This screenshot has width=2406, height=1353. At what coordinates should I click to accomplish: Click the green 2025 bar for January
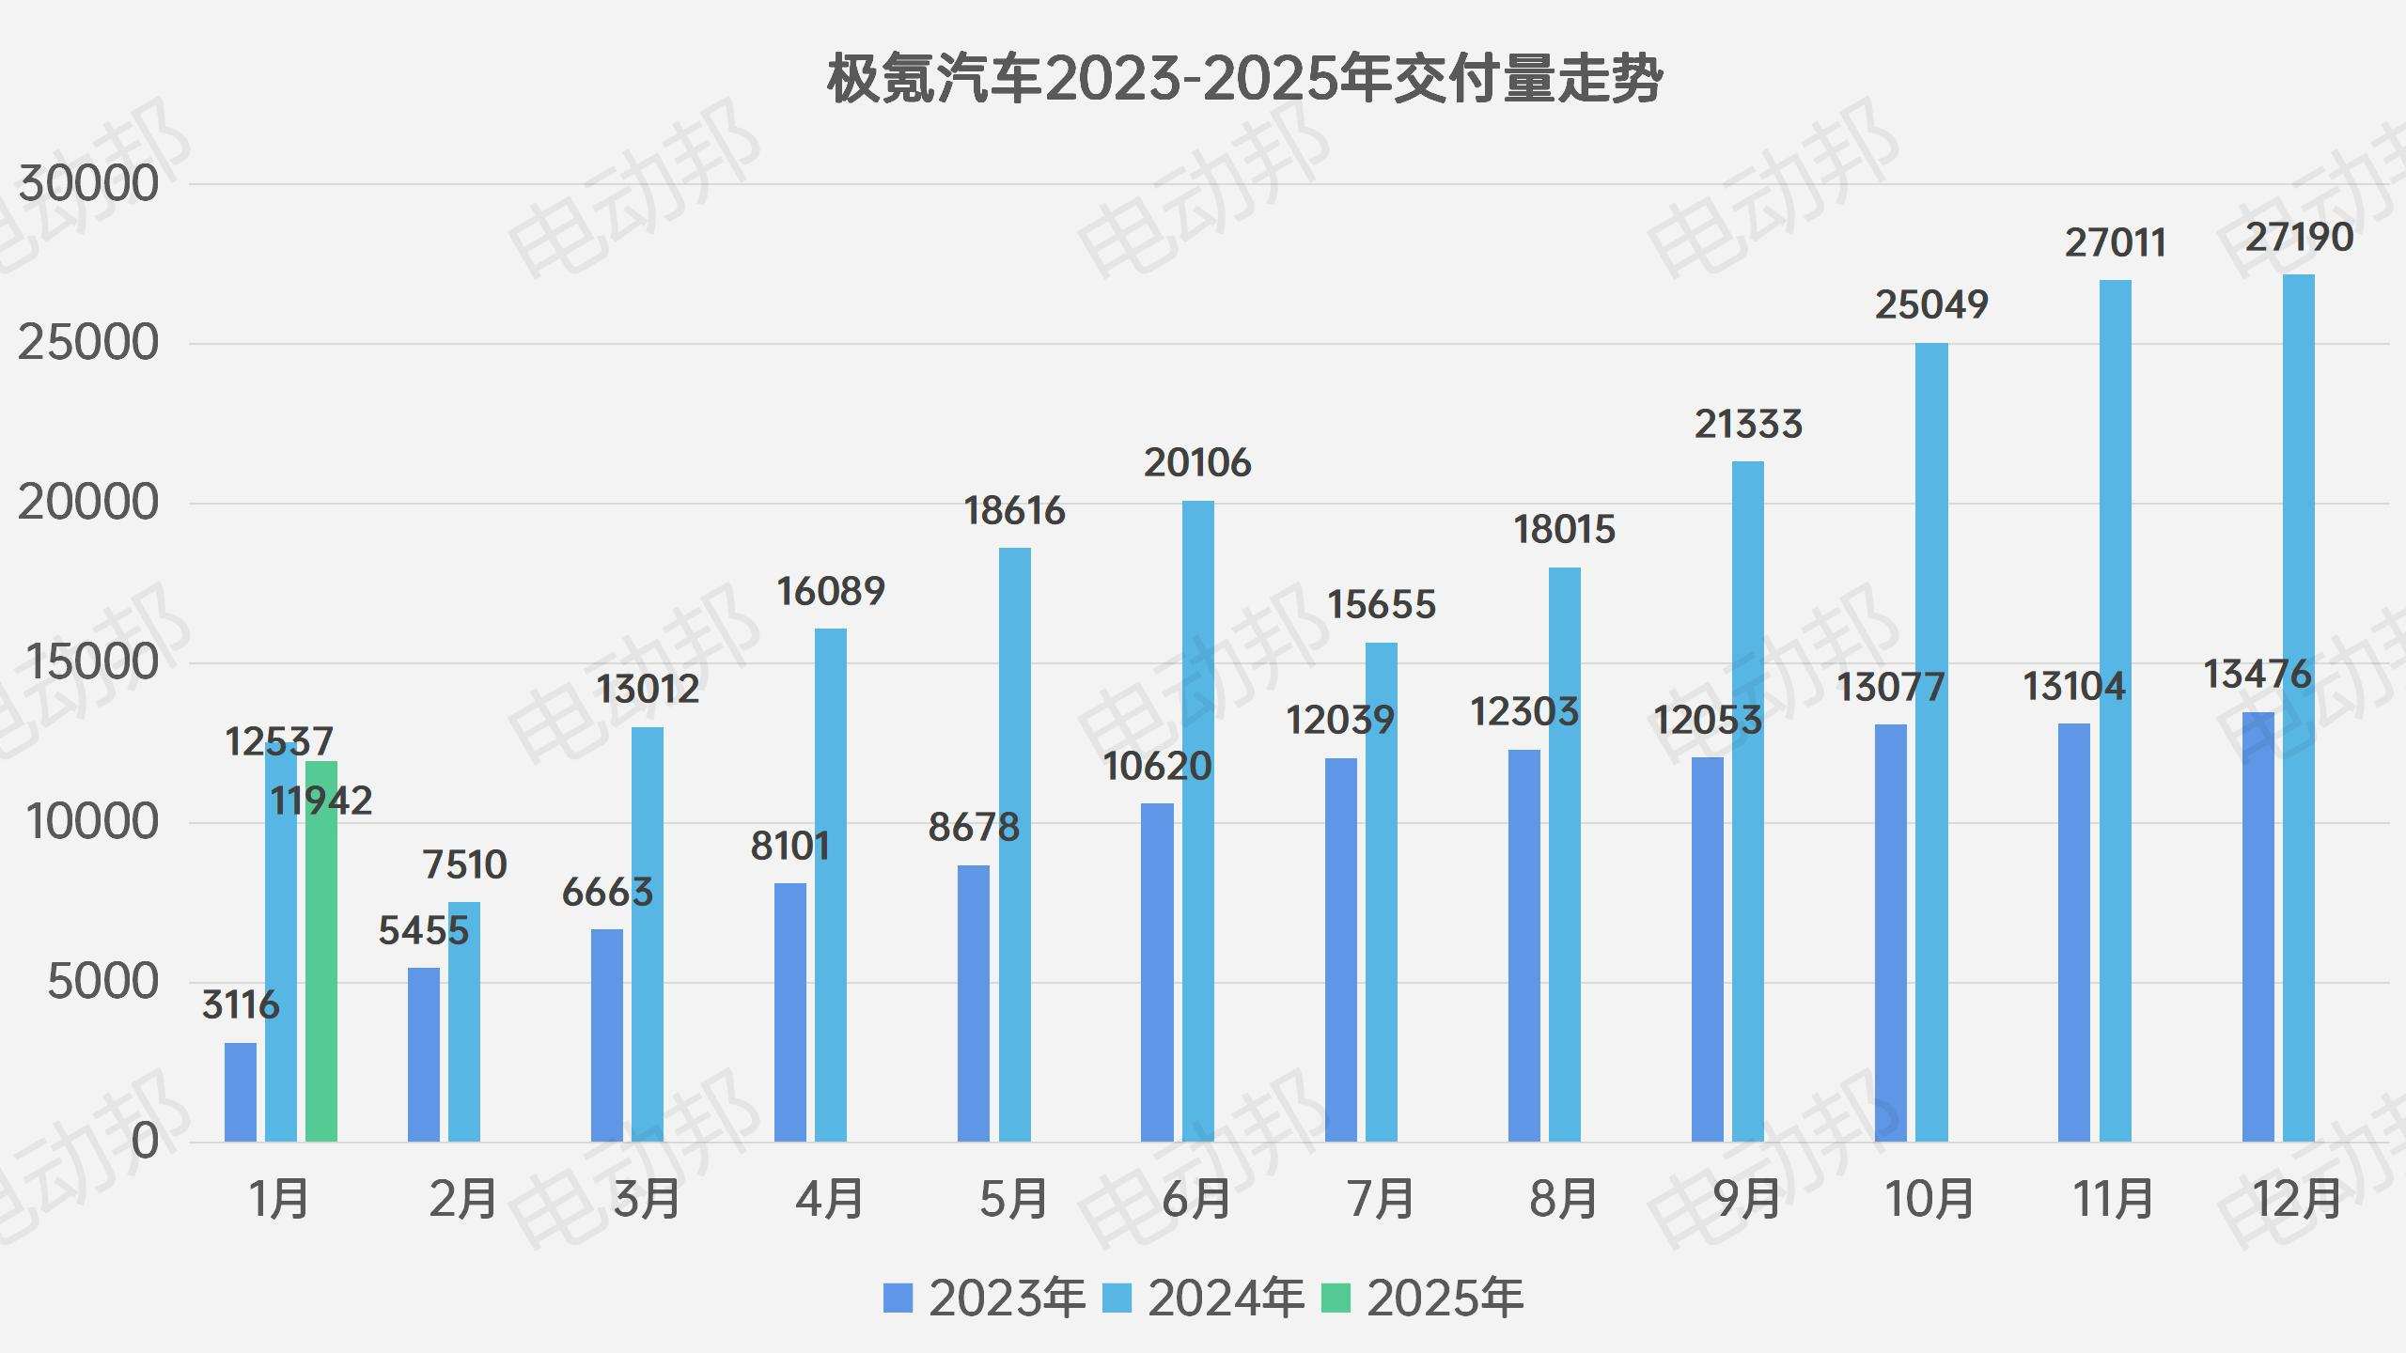click(321, 951)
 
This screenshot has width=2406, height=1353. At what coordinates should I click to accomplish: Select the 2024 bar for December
click(2299, 708)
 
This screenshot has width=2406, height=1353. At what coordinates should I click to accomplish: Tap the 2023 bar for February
click(424, 1054)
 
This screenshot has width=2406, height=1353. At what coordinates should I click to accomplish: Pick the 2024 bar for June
click(1198, 821)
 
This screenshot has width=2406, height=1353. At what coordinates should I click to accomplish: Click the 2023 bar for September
click(1708, 949)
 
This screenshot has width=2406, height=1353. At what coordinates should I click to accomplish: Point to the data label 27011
click(2116, 243)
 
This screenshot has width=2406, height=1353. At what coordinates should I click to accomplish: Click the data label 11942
click(321, 801)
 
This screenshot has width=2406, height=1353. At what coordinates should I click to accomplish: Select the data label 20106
click(1197, 463)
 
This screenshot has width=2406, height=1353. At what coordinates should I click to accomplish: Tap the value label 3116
click(241, 1005)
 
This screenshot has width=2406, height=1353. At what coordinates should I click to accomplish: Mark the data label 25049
click(1931, 305)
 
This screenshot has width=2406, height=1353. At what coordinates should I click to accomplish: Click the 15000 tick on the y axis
click(92, 663)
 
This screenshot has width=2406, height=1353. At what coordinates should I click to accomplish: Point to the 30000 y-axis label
click(89, 184)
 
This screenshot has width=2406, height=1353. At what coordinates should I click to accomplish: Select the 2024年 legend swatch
click(1117, 1299)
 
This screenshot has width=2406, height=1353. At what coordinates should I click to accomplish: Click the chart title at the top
click(1244, 80)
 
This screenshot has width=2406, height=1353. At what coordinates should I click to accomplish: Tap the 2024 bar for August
click(1565, 854)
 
